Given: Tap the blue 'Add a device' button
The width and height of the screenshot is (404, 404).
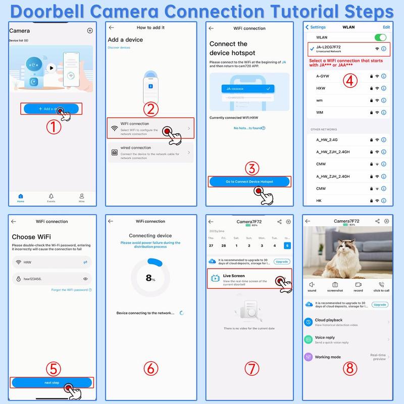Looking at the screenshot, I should pyautogui.click(x=50, y=109).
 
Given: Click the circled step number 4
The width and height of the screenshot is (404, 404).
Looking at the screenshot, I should pyautogui.click(x=351, y=80).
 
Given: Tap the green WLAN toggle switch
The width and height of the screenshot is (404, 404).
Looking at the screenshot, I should pyautogui.click(x=380, y=37).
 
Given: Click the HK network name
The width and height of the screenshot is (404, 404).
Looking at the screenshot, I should pyautogui.click(x=319, y=200).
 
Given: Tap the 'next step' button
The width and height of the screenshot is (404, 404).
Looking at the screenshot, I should pyautogui.click(x=52, y=382).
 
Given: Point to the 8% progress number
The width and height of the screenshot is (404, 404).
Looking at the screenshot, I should pyautogui.click(x=149, y=277).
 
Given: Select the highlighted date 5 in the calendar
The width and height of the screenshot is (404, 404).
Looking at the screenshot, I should pyautogui.click(x=287, y=246).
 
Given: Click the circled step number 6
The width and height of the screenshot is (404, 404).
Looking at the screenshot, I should pyautogui.click(x=150, y=368).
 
